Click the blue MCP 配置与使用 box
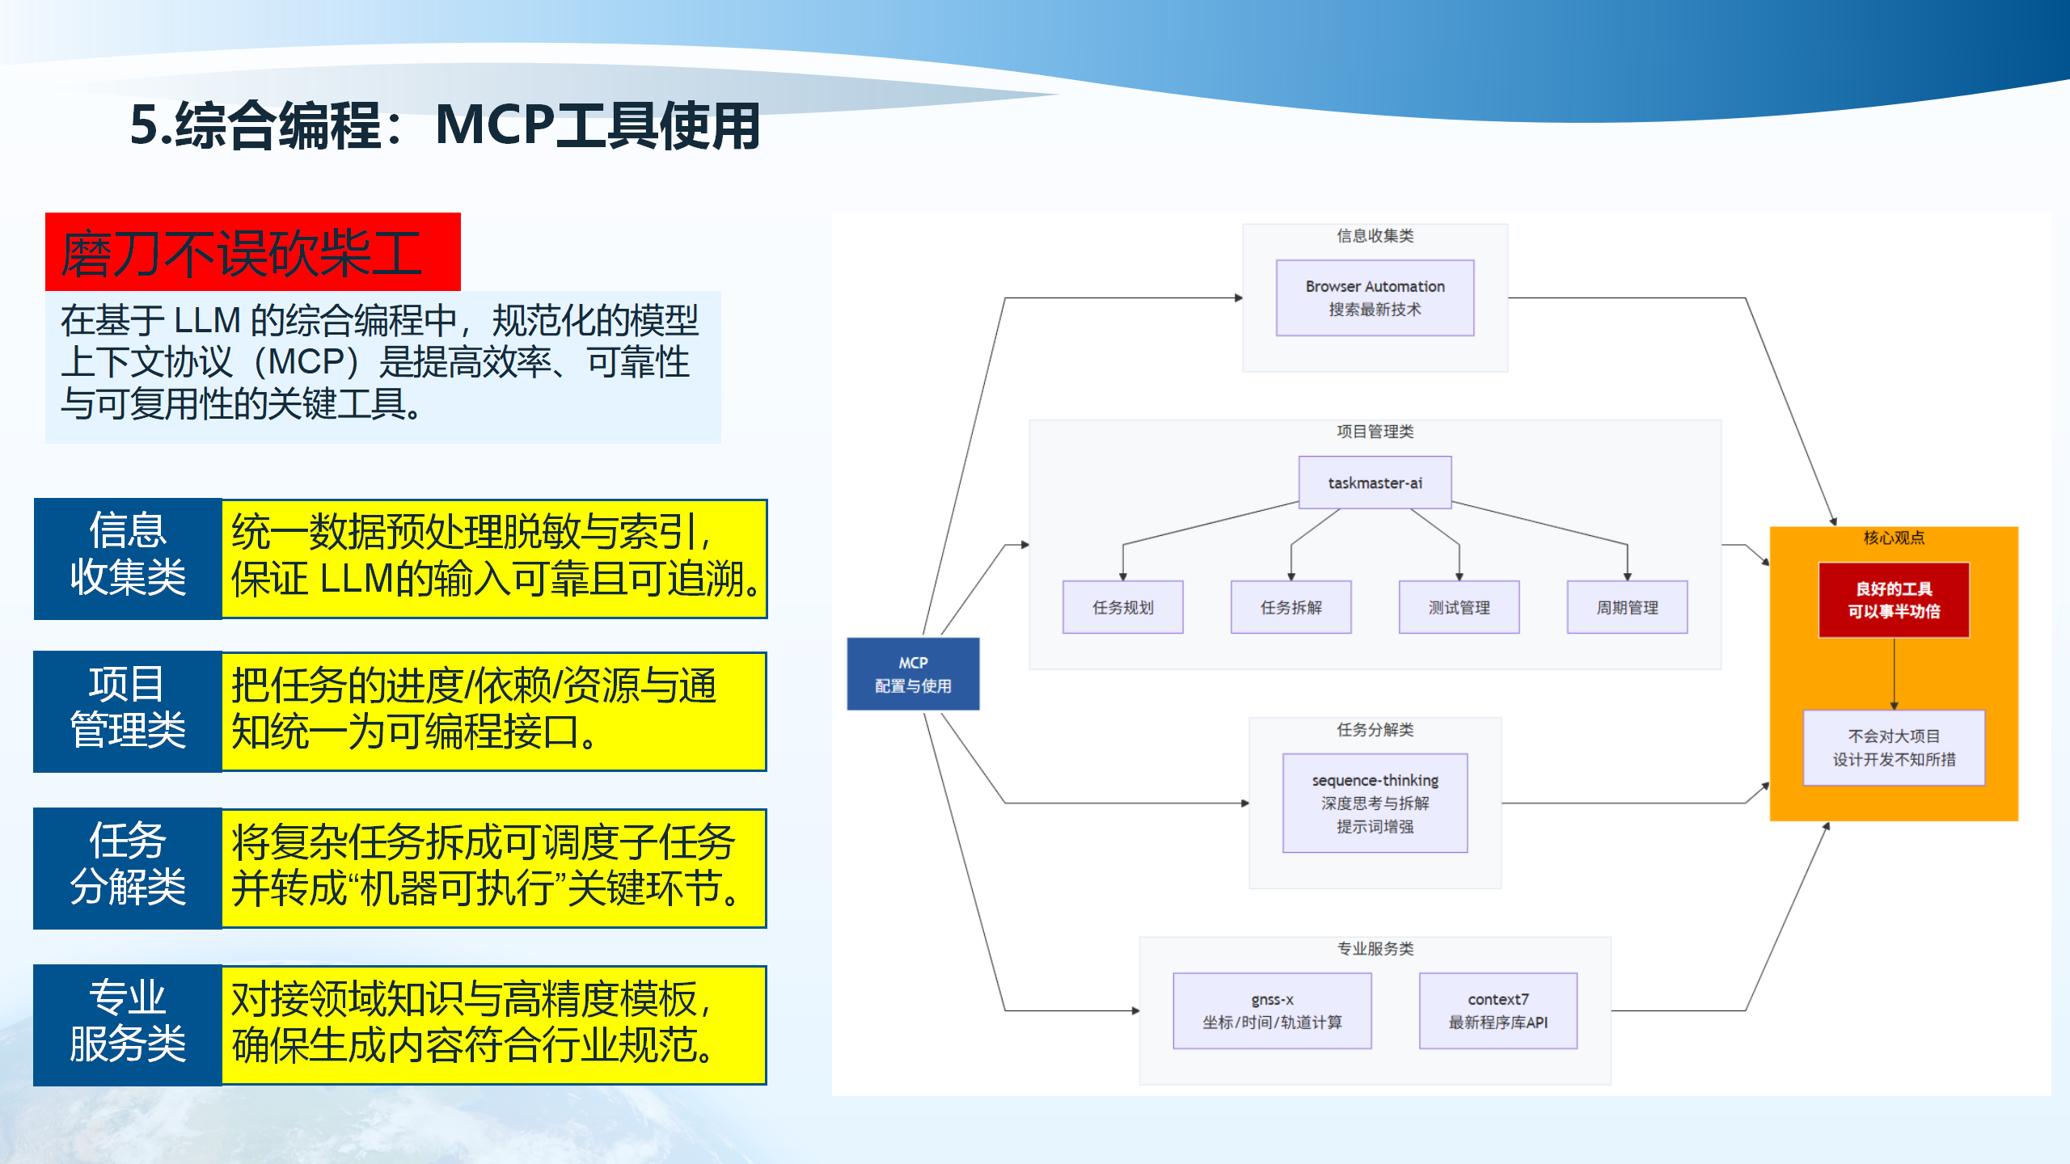pyautogui.click(x=913, y=673)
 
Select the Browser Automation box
pyautogui.click(x=1375, y=297)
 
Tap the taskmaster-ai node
pyautogui.click(x=1375, y=483)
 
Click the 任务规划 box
pyautogui.click(x=1122, y=607)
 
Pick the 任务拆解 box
pyautogui.click(x=1291, y=607)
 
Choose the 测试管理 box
pyautogui.click(x=1459, y=607)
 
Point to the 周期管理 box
pyautogui.click(x=1627, y=607)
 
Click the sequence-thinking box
pyautogui.click(x=1375, y=803)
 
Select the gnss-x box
pyautogui.click(x=1272, y=1010)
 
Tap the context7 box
pyautogui.click(x=1498, y=1010)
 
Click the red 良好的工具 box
pyautogui.click(x=1894, y=600)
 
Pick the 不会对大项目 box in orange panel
pyautogui.click(x=1894, y=748)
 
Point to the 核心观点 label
pyautogui.click(x=1894, y=538)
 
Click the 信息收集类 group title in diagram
pyautogui.click(x=1375, y=235)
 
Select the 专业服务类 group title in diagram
pyautogui.click(x=1375, y=948)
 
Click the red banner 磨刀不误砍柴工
pyautogui.click(x=252, y=252)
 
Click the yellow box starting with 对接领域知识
pyautogui.click(x=493, y=1024)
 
